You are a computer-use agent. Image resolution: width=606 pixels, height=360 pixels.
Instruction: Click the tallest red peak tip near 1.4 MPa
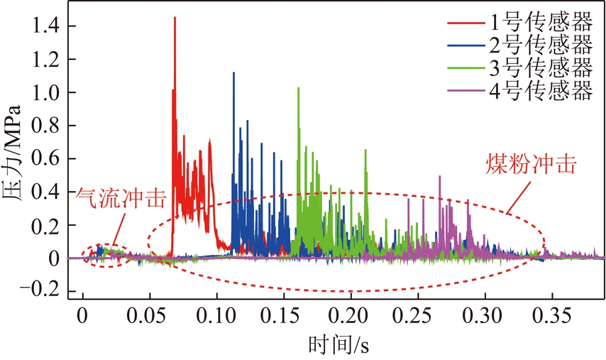tap(175, 18)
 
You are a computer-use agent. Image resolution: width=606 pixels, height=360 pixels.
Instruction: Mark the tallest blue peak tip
tap(233, 72)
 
